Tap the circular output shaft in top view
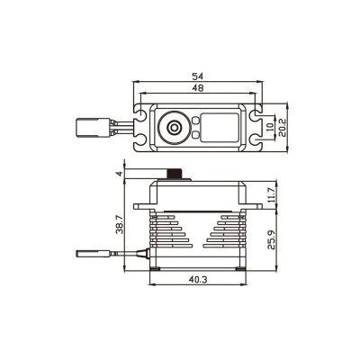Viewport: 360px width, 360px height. (x=172, y=129)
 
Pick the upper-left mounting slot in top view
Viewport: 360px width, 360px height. (x=142, y=115)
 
